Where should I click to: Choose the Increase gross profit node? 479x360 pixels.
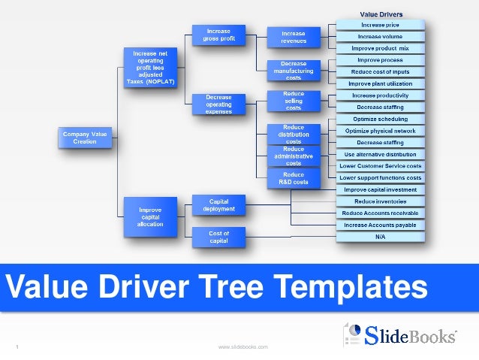(x=212, y=34)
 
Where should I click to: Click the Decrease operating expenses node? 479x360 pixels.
(x=212, y=104)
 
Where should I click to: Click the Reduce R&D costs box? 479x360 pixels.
(x=294, y=178)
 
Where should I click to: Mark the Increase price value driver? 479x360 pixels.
(x=380, y=25)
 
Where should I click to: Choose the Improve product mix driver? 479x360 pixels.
(x=380, y=48)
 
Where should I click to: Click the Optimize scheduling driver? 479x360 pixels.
(x=380, y=119)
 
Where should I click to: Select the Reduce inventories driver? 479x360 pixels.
(x=380, y=201)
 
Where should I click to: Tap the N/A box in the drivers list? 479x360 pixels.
(x=380, y=237)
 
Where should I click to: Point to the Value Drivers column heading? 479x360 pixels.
(x=381, y=14)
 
